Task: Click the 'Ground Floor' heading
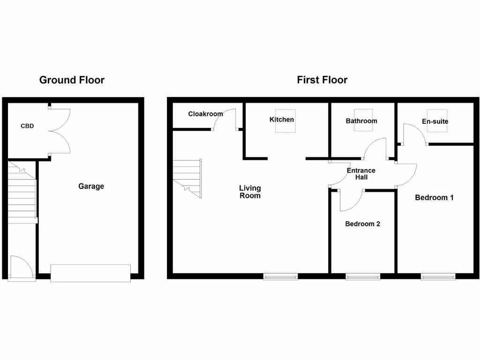click(72, 80)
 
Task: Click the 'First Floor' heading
click(322, 80)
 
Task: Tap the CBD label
click(27, 126)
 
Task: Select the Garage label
click(91, 186)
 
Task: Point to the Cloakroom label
click(205, 114)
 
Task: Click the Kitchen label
click(282, 120)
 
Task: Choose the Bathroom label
click(361, 121)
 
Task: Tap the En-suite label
click(435, 121)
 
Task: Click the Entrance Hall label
click(361, 174)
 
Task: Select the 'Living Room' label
click(250, 192)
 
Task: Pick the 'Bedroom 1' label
click(434, 197)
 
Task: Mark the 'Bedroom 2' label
click(362, 224)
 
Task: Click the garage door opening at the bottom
click(90, 273)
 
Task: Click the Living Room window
click(280, 277)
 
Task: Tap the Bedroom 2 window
click(363, 277)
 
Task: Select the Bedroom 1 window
click(438, 277)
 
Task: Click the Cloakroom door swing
click(224, 119)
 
